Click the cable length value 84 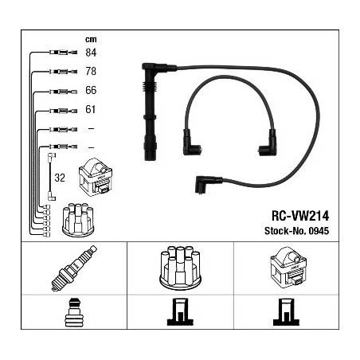[x=91, y=53]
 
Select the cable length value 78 [x=91, y=71]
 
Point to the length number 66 [x=91, y=90]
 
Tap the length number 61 [x=90, y=109]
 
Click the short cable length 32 [x=60, y=178]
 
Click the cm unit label [x=91, y=40]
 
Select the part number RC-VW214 [x=300, y=216]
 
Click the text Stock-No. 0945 [x=296, y=231]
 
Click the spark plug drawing [x=74, y=268]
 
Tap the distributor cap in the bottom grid [x=180, y=267]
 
